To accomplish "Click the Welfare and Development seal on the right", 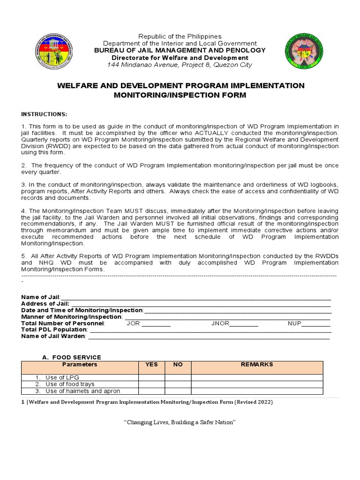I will click(x=303, y=52).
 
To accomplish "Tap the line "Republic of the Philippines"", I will click(x=180, y=36).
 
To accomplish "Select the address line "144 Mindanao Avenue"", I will click(x=180, y=65).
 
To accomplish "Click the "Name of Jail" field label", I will click(x=41, y=297).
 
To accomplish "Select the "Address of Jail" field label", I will click(x=45, y=304).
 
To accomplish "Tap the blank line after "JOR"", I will click(x=156, y=324).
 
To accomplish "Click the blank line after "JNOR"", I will click(x=244, y=324).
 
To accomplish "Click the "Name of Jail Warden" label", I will click(x=53, y=336).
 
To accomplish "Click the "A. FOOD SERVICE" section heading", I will click(x=71, y=357).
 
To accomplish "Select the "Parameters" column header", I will click(x=80, y=365).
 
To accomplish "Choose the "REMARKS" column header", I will click(x=256, y=365).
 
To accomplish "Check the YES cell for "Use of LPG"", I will click(x=151, y=377).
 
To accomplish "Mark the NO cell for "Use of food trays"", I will click(x=178, y=384).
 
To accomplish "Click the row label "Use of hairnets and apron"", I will click(x=82, y=391).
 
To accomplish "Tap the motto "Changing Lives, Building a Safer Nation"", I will click(x=180, y=422).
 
